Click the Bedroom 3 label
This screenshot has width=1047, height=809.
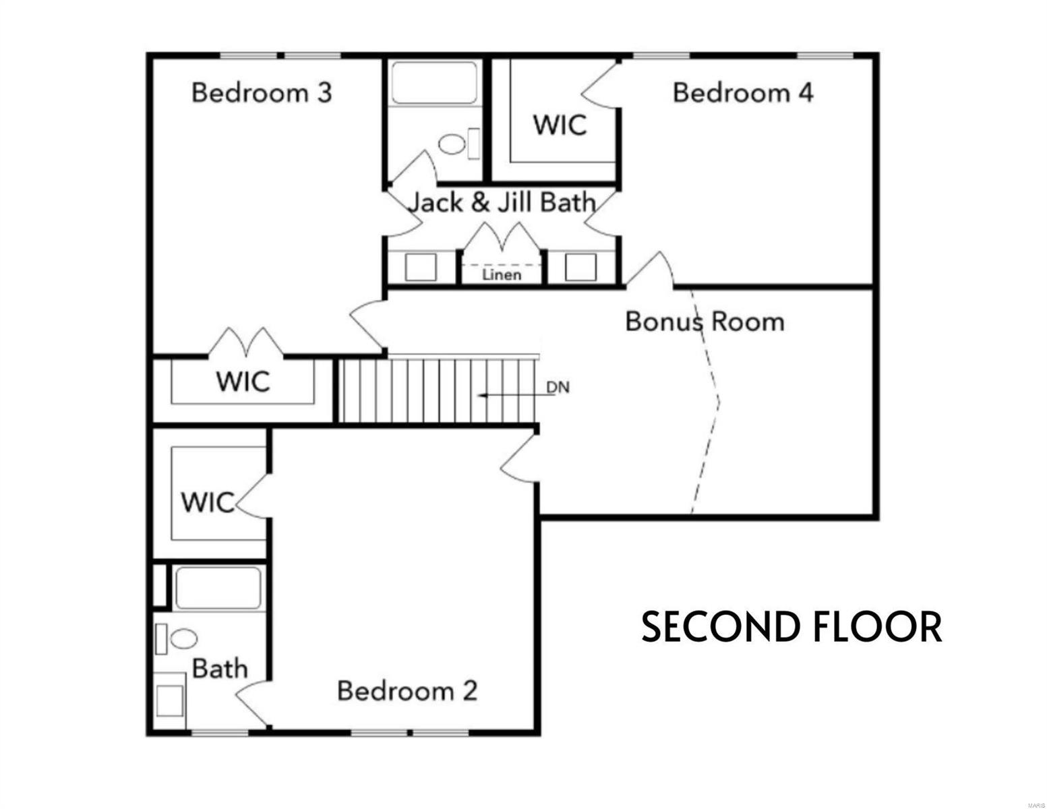coord(262,92)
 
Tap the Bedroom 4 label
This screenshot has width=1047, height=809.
coord(742,92)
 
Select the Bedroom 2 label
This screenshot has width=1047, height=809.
coord(407,690)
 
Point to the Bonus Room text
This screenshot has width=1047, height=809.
coord(705,321)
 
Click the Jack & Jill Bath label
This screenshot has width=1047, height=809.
coord(503,202)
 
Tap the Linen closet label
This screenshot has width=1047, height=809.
coord(502,275)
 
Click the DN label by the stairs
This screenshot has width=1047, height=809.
coord(558,388)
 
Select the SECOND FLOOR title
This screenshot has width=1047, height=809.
coord(791,626)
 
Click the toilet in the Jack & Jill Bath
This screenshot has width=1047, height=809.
coord(452,144)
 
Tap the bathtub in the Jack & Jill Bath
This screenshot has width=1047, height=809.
coord(434,83)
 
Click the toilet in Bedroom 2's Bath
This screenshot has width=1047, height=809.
coord(182,638)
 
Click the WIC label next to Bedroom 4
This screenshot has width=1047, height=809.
coord(560,125)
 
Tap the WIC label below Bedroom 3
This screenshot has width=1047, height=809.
coord(243,382)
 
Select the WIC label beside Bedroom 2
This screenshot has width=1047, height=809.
coord(208,502)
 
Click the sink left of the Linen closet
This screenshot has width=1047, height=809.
coord(421,267)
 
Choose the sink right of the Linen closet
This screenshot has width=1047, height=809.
coord(580,267)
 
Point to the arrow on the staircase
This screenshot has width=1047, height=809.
coord(512,396)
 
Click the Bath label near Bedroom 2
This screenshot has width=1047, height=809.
coord(220,669)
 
